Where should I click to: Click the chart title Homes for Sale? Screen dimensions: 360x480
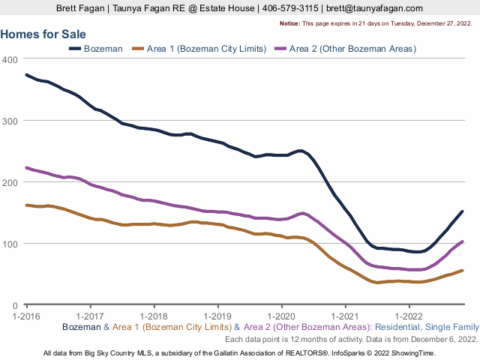pos(43,34)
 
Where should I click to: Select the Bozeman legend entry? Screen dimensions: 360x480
pos(98,49)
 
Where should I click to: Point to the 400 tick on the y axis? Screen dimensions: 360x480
pos(10,59)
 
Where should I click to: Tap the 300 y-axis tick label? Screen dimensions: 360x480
pos(10,121)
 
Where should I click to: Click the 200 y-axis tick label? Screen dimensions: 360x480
pos(10,182)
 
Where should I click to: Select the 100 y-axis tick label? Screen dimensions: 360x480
pos(10,244)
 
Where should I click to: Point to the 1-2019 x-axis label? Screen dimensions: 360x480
pos(217,316)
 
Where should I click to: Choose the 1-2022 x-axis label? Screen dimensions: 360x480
pos(409,316)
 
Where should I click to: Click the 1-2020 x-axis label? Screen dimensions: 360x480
pos(281,316)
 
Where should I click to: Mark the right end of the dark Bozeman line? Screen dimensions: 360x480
pos(462,211)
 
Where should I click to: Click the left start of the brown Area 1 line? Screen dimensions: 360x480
pos(27,205)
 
